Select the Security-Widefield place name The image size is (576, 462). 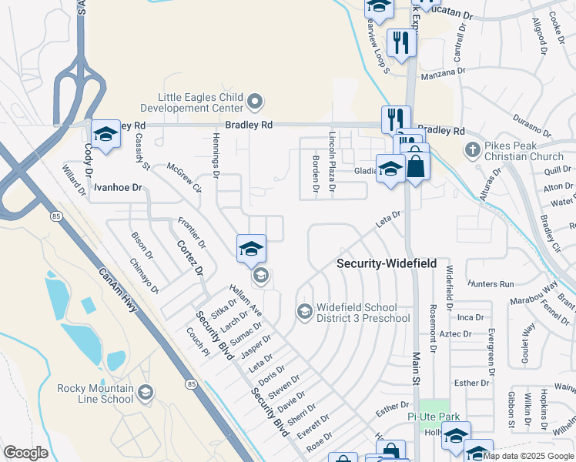tap(387, 263)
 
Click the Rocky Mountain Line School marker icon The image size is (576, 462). tap(145, 394)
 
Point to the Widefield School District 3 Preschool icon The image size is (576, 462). tap(304, 311)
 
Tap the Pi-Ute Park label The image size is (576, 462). tap(434, 417)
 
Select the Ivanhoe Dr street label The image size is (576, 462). tap(119, 187)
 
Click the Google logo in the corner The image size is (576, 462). tap(25, 452)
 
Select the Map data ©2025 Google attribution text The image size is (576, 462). tap(528, 456)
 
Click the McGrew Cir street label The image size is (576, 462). tap(184, 178)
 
